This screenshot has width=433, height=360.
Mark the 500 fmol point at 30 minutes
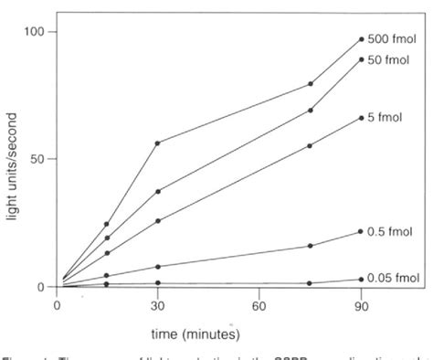[x=158, y=143]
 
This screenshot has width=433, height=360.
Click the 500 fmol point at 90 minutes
[x=362, y=39]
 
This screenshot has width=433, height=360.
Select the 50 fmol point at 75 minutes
[x=311, y=111]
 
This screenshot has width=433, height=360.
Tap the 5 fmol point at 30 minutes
[x=158, y=221]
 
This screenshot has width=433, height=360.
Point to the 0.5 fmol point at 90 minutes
[x=362, y=231]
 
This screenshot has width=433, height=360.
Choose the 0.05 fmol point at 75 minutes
[x=311, y=283]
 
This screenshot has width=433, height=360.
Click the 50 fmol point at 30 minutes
[x=158, y=192]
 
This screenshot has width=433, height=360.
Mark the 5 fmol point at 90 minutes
[x=362, y=118]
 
